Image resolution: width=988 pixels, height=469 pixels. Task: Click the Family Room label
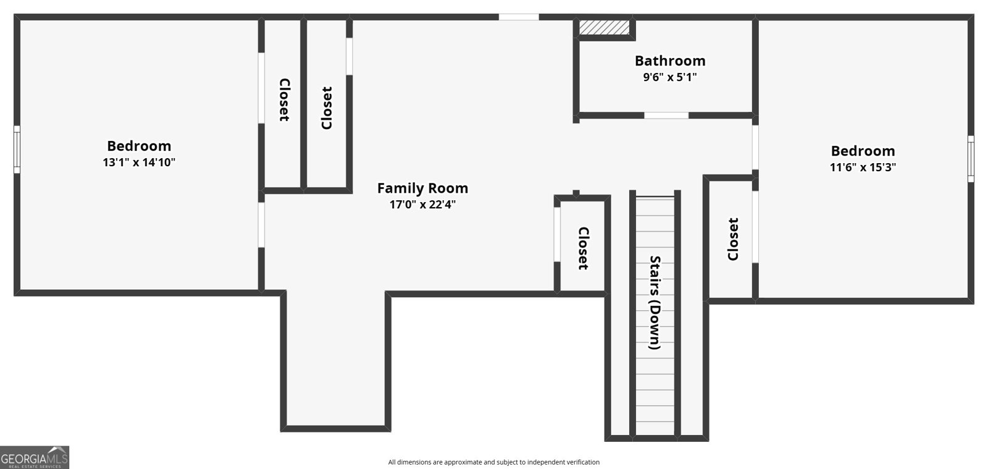coord(422,188)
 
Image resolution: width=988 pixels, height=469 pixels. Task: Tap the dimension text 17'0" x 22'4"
coord(422,205)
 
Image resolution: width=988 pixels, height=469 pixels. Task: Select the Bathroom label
coord(670,61)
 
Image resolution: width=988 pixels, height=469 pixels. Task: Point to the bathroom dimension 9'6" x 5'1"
coord(670,77)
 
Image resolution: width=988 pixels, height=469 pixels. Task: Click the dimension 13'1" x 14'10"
coord(139,163)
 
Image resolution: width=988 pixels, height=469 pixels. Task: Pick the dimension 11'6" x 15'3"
coord(863,167)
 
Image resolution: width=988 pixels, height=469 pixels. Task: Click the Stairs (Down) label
coord(655,303)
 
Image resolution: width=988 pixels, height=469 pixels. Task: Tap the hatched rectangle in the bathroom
coord(604,28)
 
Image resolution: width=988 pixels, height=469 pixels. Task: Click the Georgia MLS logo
coord(35,457)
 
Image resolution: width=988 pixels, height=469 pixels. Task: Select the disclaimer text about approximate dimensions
coord(493,462)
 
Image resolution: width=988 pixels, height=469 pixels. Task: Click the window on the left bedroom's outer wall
coord(17,150)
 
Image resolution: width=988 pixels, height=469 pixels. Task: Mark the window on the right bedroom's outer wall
coord(971,158)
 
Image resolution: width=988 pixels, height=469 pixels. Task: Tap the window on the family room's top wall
coord(519,17)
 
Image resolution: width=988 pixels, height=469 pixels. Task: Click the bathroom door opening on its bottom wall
coord(666,116)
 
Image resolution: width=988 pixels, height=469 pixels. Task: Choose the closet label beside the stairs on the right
coord(733,239)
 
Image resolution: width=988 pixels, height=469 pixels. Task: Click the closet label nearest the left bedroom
coord(284,99)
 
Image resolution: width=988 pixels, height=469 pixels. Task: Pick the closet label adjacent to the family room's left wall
coord(327,108)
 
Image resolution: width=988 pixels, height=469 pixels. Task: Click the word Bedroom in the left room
coord(139,146)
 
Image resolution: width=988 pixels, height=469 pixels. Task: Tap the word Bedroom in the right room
coord(863,151)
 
